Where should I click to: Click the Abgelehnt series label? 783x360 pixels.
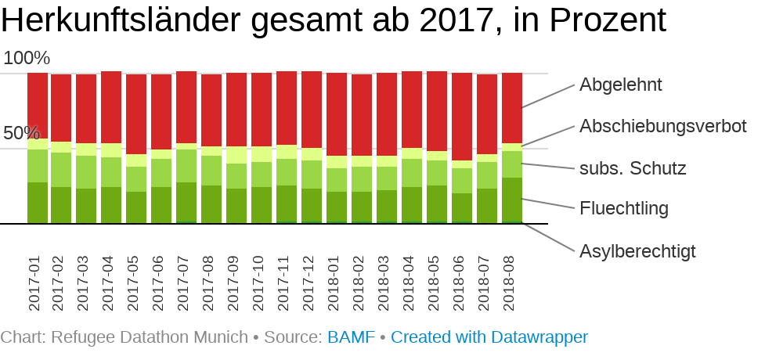point(621,85)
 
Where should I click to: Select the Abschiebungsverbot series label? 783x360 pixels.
point(662,126)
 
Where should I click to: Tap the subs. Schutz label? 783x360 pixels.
point(633,167)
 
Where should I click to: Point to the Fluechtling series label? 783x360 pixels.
point(624,209)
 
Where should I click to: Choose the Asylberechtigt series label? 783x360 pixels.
point(637,251)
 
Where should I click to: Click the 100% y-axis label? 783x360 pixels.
point(27,59)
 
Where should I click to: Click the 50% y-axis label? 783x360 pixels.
point(21,134)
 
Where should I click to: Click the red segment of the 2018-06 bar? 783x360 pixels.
point(462,117)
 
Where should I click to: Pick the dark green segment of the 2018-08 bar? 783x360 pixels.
point(512,200)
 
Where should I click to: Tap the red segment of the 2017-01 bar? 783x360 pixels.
point(38,106)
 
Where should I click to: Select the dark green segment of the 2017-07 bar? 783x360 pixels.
point(186,203)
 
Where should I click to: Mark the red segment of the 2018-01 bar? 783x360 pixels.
point(337,114)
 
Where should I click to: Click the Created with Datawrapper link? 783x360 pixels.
point(489,337)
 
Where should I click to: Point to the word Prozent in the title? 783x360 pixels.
point(609,20)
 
